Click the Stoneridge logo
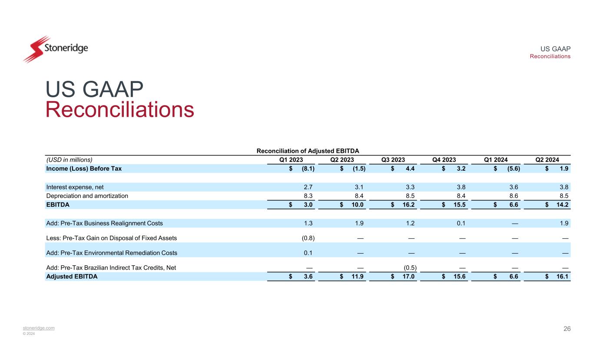[x=55, y=49]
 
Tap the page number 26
[x=567, y=329]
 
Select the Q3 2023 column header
[x=393, y=159]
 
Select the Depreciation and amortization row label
[x=87, y=196]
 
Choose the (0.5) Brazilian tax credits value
[x=409, y=268]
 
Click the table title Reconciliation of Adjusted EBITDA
[x=310, y=151]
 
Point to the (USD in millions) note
[x=69, y=159]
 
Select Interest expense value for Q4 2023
[x=462, y=187]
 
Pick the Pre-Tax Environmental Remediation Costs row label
[x=111, y=253]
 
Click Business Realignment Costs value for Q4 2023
[x=463, y=223]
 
